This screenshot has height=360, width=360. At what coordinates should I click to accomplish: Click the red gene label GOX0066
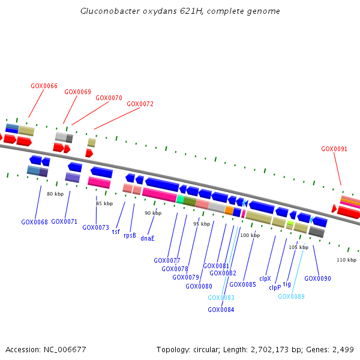coord(44,86)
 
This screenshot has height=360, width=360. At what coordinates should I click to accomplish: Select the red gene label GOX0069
coord(77,92)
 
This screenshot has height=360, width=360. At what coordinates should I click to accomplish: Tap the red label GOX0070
coord(109,98)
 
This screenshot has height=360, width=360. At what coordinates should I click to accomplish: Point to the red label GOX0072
coord(140,104)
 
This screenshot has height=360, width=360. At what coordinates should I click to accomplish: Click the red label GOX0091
coord(334,149)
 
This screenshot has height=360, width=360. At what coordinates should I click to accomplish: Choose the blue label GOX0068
coord(34,222)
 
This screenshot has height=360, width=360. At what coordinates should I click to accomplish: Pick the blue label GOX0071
coord(64,221)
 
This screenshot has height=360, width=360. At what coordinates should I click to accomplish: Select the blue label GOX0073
coord(95,227)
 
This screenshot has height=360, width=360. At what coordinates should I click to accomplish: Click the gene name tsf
coord(116,232)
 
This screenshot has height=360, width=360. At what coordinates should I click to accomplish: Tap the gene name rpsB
coord(130,235)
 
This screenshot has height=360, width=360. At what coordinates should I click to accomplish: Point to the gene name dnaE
coord(148,238)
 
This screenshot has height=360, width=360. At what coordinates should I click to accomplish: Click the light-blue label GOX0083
coord(221,298)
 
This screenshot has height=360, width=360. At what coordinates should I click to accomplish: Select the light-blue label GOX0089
coord(291,296)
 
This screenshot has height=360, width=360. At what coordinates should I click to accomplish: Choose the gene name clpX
coord(265,278)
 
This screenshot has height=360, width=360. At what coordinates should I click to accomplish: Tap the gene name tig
coord(287,284)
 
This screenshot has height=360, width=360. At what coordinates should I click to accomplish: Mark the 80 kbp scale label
coord(55,194)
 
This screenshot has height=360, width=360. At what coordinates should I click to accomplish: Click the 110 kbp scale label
coord(346,260)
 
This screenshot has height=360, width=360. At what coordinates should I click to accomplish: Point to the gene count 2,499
coord(341,350)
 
